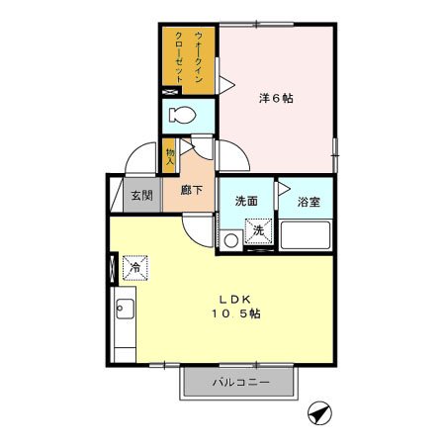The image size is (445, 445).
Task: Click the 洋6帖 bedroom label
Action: (x=277, y=98)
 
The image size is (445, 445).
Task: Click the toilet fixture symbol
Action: (x=181, y=115)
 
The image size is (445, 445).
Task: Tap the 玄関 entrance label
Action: (x=142, y=195)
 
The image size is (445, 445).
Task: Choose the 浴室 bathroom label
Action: (x=309, y=202)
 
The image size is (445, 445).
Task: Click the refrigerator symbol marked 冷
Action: (x=133, y=266)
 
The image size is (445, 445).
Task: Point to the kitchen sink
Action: (x=124, y=310)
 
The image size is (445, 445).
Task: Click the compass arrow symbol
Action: (x=317, y=412)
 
